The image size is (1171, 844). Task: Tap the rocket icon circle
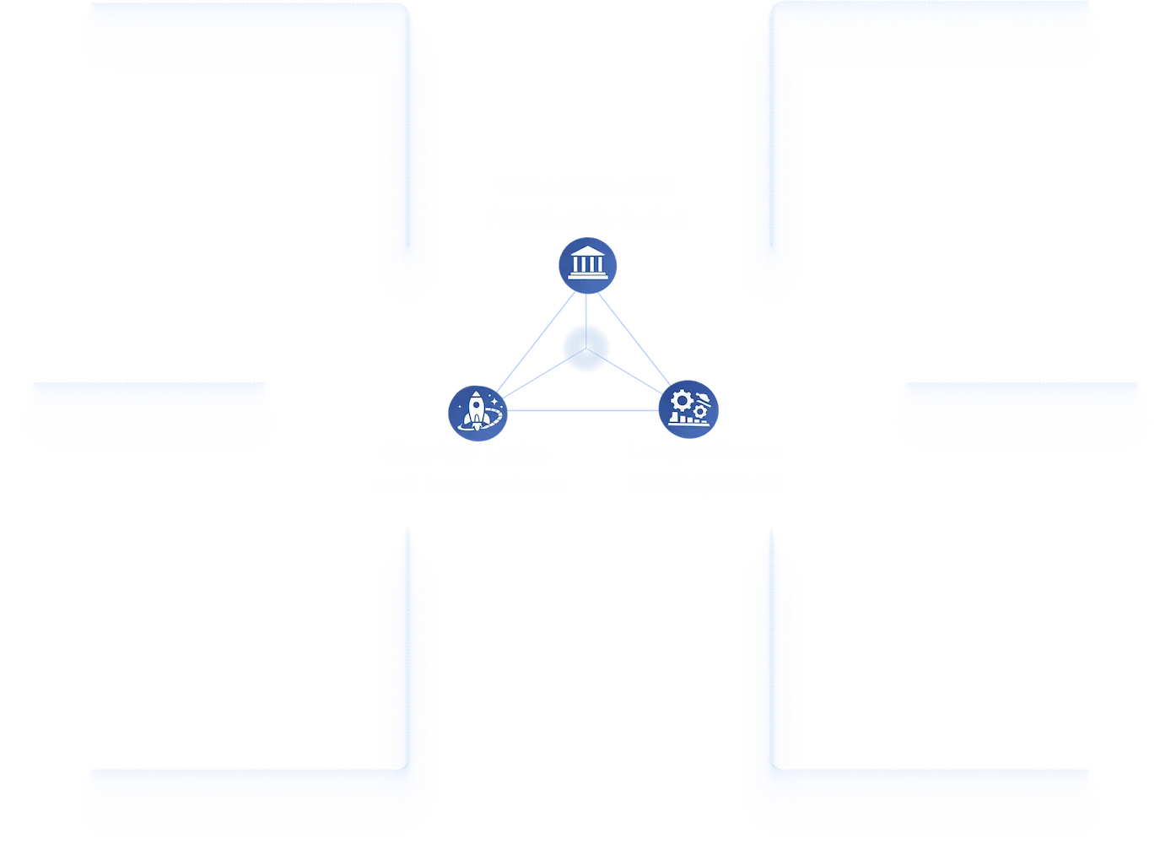477,411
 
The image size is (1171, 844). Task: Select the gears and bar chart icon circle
688,408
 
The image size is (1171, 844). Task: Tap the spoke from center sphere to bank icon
586,308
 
